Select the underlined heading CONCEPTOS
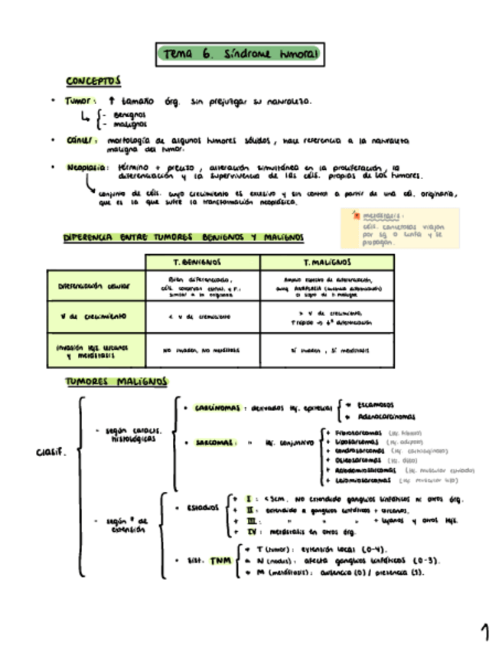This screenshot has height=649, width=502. pos(93,80)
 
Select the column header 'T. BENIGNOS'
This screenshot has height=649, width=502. pos(202,262)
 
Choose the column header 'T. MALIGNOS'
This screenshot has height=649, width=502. pos(327,262)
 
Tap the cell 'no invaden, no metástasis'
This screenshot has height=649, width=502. pos(202,350)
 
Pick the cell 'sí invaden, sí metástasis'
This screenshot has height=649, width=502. pos(327,350)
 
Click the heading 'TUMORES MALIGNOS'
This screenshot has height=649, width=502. pos(117,382)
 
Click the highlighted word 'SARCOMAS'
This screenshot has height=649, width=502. pos(214,442)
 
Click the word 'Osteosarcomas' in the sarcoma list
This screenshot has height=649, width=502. pos(357,461)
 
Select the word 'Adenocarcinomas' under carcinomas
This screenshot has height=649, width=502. pos(386,417)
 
